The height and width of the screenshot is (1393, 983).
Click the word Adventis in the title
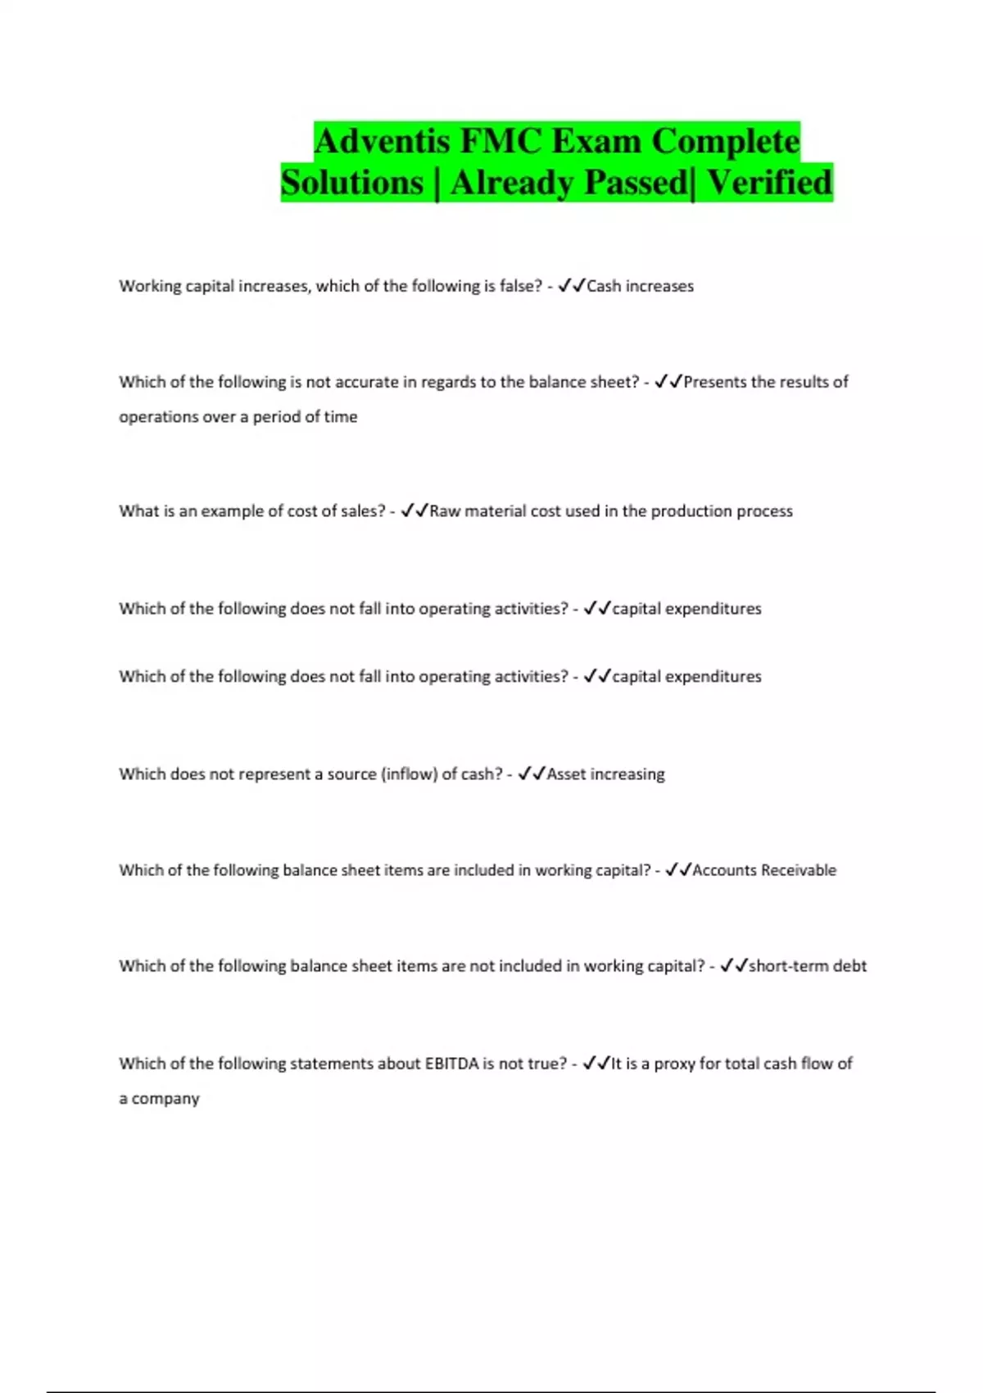[382, 141]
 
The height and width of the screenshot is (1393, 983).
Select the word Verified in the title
[769, 182]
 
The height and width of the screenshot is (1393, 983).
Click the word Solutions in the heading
[352, 182]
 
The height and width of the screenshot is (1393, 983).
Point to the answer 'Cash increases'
[640, 286]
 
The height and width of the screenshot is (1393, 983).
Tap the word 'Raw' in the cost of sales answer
[445, 511]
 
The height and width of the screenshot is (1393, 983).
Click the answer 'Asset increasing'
[605, 774]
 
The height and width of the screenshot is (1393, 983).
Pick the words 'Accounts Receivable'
[764, 870]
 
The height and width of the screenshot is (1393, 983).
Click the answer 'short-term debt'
[807, 966]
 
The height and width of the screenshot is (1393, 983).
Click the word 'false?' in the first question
[521, 286]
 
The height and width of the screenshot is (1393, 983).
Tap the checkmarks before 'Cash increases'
[571, 286]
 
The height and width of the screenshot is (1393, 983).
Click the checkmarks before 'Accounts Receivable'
[678, 870]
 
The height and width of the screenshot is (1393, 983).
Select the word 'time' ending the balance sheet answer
[340, 417]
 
